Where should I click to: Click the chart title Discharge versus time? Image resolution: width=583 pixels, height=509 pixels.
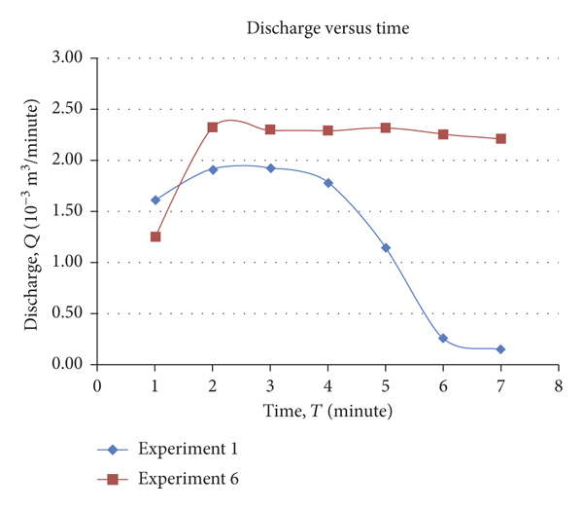click(327, 28)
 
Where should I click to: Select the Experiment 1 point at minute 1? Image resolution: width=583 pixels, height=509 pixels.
click(154, 200)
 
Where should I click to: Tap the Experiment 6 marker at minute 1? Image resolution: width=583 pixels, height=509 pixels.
click(154, 236)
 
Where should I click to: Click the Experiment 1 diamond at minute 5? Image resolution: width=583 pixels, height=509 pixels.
click(386, 247)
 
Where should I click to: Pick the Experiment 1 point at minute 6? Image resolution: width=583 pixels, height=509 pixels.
click(443, 338)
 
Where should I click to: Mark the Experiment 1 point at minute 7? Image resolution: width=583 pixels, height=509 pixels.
click(500, 349)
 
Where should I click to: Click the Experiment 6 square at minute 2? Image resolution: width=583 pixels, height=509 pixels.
click(213, 127)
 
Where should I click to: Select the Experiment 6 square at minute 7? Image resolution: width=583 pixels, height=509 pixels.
click(500, 138)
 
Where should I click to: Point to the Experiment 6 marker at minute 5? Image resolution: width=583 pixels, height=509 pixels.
click(386, 127)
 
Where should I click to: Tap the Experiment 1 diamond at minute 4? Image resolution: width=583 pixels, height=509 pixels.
click(328, 182)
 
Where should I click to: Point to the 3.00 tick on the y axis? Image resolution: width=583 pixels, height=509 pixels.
click(75, 58)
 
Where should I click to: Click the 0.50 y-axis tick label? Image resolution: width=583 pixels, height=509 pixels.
click(75, 313)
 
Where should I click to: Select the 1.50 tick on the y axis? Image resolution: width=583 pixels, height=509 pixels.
click(75, 211)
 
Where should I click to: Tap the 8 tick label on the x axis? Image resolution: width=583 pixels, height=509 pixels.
click(558, 385)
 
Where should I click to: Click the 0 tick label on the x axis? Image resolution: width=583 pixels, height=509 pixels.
click(97, 385)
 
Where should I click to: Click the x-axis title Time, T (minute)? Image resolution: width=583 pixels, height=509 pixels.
click(327, 412)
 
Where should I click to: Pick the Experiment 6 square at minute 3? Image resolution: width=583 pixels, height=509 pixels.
click(270, 129)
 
